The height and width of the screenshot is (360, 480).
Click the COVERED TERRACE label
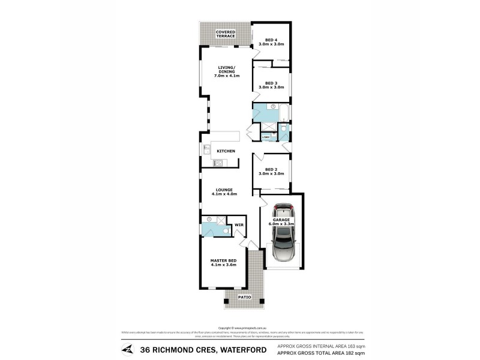(x=226, y=34)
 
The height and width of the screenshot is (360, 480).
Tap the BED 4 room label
(x=271, y=42)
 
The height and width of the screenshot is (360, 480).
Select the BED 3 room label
(x=271, y=85)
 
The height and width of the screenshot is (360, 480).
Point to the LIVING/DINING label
(x=227, y=71)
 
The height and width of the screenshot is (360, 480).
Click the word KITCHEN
(x=226, y=151)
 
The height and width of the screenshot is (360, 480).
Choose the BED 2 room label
(x=271, y=171)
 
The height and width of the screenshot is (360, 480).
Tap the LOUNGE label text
(x=224, y=192)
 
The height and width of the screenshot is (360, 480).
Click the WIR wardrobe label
(x=238, y=226)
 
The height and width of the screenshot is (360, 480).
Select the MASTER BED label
(x=223, y=262)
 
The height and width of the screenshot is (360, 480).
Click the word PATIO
(x=244, y=297)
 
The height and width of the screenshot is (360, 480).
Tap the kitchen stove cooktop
(x=218, y=163)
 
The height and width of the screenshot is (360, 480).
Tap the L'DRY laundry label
(x=266, y=137)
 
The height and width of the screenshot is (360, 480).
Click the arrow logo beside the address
(x=127, y=349)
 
